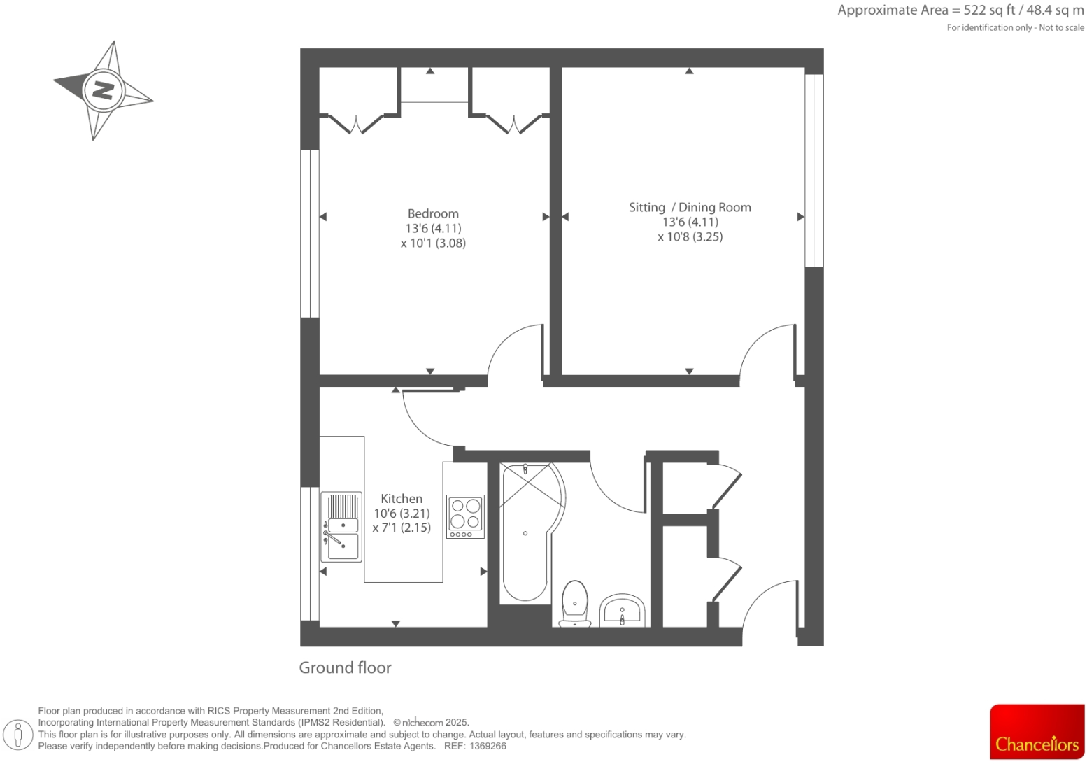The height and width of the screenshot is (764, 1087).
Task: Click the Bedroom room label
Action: click(433, 214)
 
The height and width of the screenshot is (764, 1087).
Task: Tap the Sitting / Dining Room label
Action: click(690, 208)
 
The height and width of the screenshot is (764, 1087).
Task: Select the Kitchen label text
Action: click(402, 499)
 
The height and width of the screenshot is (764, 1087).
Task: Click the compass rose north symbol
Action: click(104, 90)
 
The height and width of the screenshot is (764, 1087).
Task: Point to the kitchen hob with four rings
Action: click(465, 516)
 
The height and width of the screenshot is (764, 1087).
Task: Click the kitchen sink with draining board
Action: click(342, 527)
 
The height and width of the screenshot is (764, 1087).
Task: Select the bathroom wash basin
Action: click(622, 611)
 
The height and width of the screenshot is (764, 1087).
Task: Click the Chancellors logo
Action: click(1037, 732)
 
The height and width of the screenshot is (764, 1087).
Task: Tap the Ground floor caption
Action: click(345, 668)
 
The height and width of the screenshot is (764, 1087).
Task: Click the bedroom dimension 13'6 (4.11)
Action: click(433, 229)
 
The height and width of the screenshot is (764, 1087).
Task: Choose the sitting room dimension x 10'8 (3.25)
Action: click(690, 237)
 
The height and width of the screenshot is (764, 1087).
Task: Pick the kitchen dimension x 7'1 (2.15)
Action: click(402, 528)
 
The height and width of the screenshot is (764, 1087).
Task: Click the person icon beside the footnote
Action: click(19, 735)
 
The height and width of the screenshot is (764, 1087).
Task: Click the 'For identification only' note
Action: click(1015, 28)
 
